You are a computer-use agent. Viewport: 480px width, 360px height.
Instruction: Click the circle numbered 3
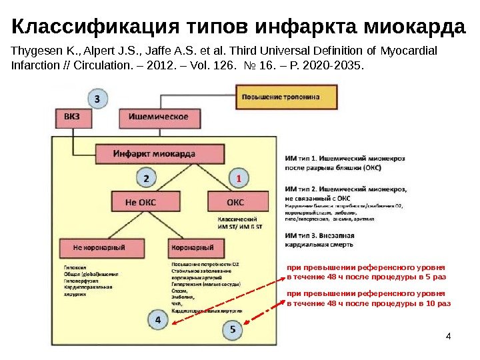pos(98,99)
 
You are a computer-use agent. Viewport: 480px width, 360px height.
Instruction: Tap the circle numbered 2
pos(148,178)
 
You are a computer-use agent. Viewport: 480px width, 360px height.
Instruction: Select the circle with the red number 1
pos(237,178)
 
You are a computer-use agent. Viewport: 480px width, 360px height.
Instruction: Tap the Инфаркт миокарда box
pos(154,154)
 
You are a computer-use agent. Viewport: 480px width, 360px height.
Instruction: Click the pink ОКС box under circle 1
pos(235,201)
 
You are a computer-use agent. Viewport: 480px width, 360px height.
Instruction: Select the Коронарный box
pos(193,248)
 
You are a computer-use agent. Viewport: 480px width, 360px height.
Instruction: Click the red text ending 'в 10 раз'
pos(369,303)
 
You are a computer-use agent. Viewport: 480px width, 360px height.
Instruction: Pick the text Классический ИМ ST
pos(239,223)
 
